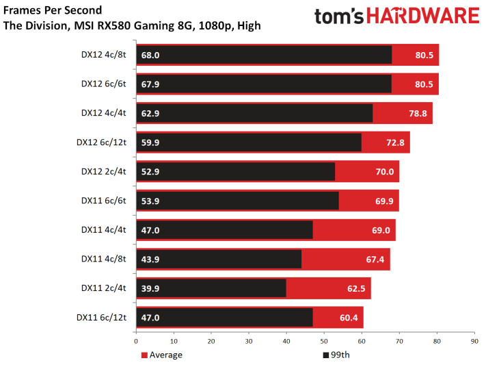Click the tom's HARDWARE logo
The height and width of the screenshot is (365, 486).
point(396,16)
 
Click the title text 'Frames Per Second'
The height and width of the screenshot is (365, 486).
point(53,10)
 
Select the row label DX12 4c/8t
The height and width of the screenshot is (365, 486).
point(103,55)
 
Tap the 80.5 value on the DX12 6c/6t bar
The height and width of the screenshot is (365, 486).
point(424,84)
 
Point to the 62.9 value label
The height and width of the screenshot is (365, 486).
point(150,114)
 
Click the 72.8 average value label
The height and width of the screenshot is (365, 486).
point(395,142)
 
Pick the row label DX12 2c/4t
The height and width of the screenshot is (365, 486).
point(103,171)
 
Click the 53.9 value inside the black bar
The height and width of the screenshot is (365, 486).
point(150,201)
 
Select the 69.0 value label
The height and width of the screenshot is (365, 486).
point(381,230)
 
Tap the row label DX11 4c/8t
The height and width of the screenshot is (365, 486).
point(103,259)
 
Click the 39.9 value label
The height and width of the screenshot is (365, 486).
point(150,288)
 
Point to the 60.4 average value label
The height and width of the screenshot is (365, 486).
point(349,318)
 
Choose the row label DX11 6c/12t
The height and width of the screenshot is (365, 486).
point(101,318)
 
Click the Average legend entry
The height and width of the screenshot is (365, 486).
point(162,355)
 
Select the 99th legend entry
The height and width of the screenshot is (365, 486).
point(336,355)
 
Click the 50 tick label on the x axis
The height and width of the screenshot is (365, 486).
point(324,342)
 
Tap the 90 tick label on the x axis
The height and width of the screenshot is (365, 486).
point(474,342)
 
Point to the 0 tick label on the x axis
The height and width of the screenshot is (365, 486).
point(136,342)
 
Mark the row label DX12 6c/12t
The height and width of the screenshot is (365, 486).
point(101,142)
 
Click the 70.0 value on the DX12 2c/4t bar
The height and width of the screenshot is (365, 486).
point(385,172)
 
